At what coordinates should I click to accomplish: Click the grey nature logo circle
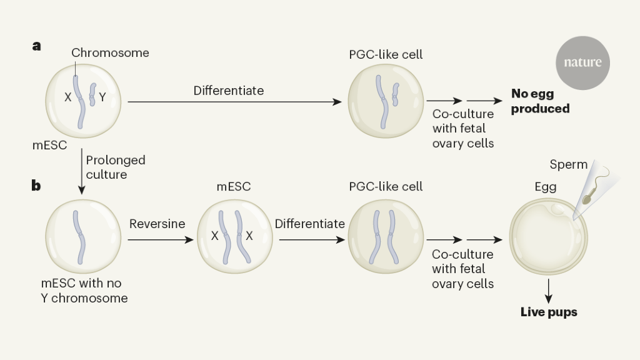point(582,62)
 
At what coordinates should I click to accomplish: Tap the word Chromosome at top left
point(110,53)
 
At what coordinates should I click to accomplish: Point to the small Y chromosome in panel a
point(94,94)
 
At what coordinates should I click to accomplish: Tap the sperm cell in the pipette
point(588,197)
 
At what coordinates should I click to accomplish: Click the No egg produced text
point(541,101)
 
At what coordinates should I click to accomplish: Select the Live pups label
point(549,311)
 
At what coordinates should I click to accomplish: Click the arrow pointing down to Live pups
point(549,289)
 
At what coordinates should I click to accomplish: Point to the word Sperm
point(569,165)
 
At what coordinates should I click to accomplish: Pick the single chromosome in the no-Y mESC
point(79,237)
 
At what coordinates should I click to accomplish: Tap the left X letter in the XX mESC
point(214,236)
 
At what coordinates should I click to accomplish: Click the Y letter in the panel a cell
point(102,97)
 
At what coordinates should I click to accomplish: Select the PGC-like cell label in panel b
point(386,186)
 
